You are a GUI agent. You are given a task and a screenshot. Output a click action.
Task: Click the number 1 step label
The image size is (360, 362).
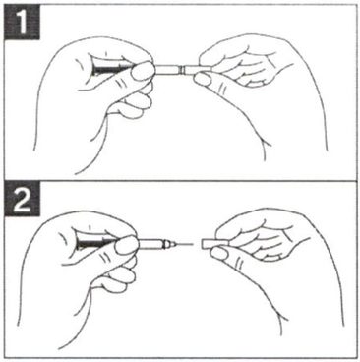pos(22,23)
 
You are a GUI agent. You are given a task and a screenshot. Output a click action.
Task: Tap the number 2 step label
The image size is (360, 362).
pos(22,200)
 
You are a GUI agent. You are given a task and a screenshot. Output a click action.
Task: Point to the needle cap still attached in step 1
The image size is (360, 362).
pos(197,70)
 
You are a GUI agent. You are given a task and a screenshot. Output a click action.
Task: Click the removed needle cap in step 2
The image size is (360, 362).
pos(212,244)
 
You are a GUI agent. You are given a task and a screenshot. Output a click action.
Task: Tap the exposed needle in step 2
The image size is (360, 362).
pos(184,244)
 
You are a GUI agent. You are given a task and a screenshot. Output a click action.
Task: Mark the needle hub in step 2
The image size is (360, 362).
pos(169,244)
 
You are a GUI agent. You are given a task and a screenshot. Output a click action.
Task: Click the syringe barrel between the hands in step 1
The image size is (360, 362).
pos(167,70)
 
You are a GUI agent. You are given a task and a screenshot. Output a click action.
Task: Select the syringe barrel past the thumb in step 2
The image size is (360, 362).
pos(150,244)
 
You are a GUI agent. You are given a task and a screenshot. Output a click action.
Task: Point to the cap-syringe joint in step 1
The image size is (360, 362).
pos(182,70)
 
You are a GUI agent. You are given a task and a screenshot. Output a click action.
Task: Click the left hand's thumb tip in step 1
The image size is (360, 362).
pos(144,72)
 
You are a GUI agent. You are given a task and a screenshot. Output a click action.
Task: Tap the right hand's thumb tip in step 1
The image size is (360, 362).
pos(204,79)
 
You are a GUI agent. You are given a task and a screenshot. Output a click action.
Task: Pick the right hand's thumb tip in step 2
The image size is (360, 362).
pos(218,253)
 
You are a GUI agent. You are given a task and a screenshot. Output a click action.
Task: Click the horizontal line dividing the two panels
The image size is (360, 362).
pos(180,181)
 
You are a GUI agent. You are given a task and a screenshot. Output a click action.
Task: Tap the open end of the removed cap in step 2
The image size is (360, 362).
pos(203,244)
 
